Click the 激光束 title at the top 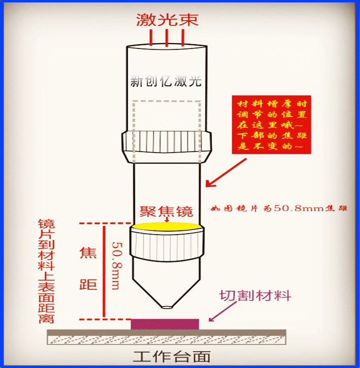tap(167, 20)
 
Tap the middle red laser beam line tap(167, 38)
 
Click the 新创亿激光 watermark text tap(166, 82)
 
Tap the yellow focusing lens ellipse tap(167, 226)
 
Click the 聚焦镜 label tap(166, 212)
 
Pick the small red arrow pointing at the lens tap(167, 219)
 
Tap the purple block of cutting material tap(165, 324)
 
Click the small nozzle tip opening tap(167, 307)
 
